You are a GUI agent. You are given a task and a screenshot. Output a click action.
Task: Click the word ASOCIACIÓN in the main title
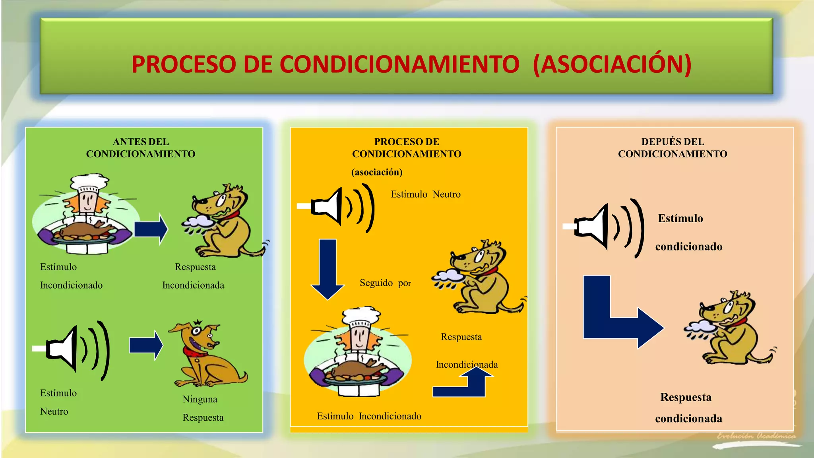(612, 64)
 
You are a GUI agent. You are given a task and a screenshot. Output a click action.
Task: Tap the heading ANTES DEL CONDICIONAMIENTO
(141, 148)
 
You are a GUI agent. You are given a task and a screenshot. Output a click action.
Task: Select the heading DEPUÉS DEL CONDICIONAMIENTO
(673, 148)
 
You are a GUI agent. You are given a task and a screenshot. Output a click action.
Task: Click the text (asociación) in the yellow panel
(377, 172)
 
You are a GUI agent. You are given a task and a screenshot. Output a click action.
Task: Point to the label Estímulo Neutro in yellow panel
(425, 194)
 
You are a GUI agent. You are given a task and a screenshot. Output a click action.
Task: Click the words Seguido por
(385, 283)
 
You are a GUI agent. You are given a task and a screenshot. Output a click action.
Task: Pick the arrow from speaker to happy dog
(146, 345)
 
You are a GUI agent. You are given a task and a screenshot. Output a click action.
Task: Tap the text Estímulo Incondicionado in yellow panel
(369, 416)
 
